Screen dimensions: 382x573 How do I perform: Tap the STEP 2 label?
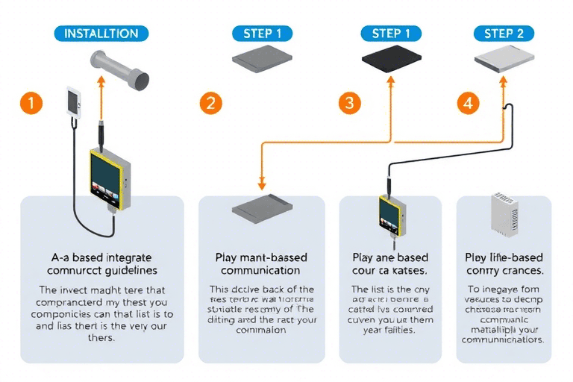504,34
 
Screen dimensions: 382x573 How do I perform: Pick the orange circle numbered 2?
210,104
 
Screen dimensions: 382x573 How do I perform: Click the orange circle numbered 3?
349,104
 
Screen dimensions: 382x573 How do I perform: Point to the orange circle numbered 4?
468,104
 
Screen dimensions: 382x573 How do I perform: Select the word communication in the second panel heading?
261,270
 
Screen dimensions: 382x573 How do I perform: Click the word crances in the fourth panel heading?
522,270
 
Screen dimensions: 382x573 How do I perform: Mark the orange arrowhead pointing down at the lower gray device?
262,184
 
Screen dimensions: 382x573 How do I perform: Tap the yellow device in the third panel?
389,216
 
